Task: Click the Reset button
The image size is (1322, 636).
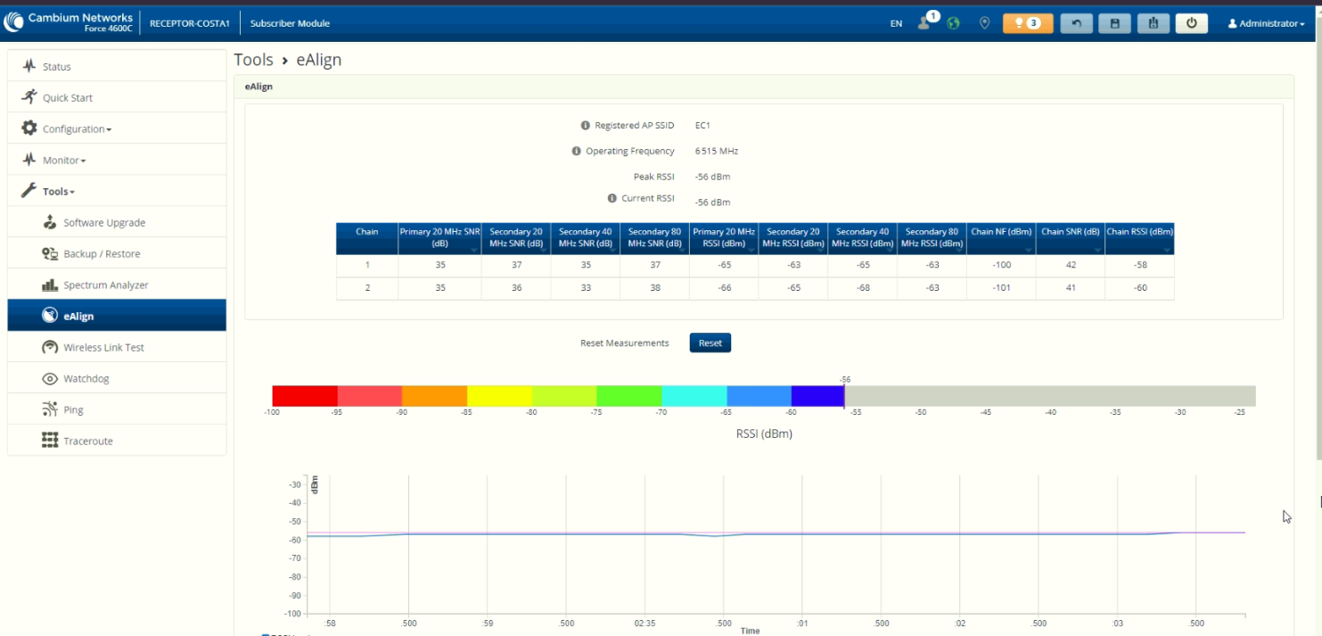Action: point(710,343)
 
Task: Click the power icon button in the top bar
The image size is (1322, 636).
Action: point(1192,23)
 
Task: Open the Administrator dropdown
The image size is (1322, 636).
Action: point(1266,23)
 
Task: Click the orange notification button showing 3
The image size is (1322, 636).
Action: point(1028,23)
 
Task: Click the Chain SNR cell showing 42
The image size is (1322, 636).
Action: point(1071,265)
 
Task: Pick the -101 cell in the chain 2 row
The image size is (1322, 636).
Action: point(1002,287)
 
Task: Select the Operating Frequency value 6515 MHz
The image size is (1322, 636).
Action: point(717,151)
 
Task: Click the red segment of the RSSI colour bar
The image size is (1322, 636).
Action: point(305,396)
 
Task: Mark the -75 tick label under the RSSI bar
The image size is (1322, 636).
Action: point(596,412)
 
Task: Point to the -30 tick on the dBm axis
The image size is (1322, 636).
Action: point(294,485)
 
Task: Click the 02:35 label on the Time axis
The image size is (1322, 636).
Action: point(645,623)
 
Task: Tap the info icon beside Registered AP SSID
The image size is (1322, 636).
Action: point(585,125)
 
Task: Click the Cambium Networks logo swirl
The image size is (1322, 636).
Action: point(13,21)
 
